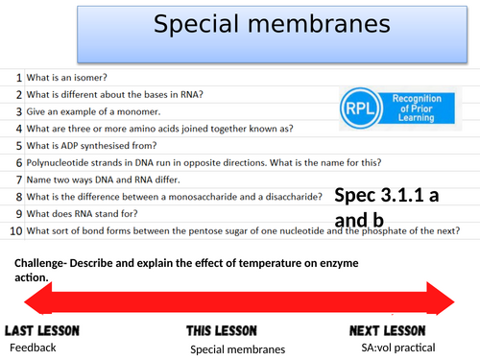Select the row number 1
[19, 76]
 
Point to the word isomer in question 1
[96, 76]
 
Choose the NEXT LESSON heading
[395, 329]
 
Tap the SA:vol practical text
[395, 346]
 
